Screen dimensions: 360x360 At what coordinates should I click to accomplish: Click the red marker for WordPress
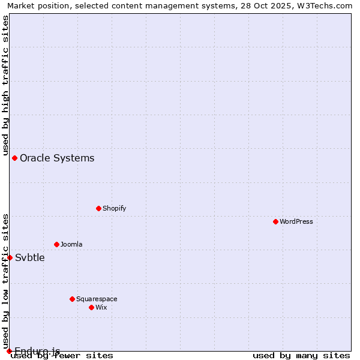pyautogui.click(x=275, y=221)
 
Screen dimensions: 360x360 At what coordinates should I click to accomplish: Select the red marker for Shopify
pyautogui.click(x=98, y=208)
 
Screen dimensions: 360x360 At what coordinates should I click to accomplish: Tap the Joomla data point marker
pyautogui.click(x=56, y=244)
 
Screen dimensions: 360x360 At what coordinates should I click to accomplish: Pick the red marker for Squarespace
pyautogui.click(x=72, y=299)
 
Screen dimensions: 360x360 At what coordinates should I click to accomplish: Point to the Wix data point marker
pyautogui.click(x=91, y=307)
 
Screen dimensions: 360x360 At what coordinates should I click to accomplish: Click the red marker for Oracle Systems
pyautogui.click(x=14, y=158)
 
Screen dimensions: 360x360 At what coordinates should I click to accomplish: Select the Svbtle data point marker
pyautogui.click(x=10, y=257)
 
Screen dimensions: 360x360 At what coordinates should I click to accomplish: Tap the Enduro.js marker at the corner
pyautogui.click(x=9, y=351)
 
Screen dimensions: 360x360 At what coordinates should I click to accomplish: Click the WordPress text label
pyautogui.click(x=296, y=221)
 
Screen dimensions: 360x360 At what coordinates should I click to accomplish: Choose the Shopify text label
pyautogui.click(x=114, y=208)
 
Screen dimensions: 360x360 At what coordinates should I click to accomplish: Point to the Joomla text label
pyautogui.click(x=71, y=244)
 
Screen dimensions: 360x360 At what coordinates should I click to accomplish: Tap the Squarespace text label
pyautogui.click(x=97, y=299)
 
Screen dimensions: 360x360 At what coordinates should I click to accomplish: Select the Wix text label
pyautogui.click(x=101, y=307)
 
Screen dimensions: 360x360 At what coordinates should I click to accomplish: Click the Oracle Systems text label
pyautogui.click(x=57, y=158)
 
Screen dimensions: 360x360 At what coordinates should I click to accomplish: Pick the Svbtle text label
pyautogui.click(x=30, y=257)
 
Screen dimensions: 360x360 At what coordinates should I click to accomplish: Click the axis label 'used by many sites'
pyautogui.click(x=301, y=356)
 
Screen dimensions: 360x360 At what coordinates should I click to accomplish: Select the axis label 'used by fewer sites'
pyautogui.click(x=62, y=356)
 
